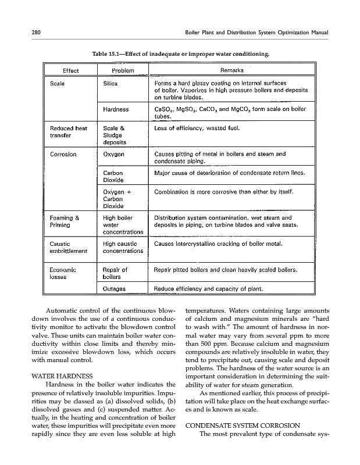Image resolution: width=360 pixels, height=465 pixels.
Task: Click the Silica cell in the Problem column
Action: [x=111, y=84]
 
